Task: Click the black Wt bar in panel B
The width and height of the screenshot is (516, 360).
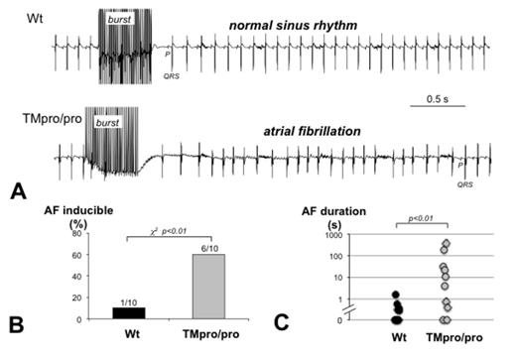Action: click(x=127, y=313)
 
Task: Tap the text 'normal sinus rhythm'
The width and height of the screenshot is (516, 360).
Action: click(x=291, y=22)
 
